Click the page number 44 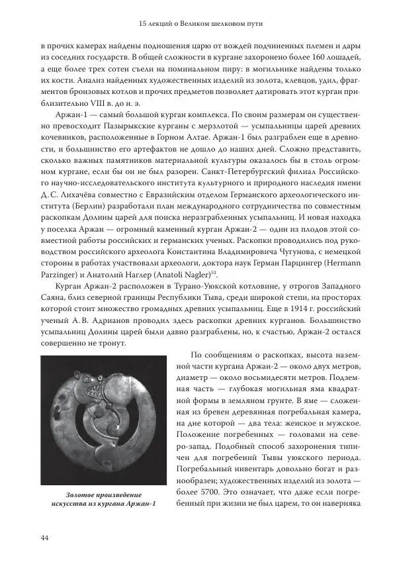(x=44, y=538)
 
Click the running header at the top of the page (x=198, y=24)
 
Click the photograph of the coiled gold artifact (x=99, y=420)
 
